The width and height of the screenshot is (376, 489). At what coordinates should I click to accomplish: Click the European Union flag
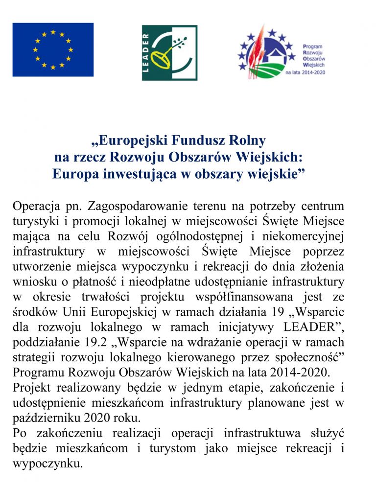tap(53, 49)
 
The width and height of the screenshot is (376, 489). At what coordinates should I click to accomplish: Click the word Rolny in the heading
tap(247, 141)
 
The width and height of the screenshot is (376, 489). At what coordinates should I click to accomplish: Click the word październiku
tap(46, 419)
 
